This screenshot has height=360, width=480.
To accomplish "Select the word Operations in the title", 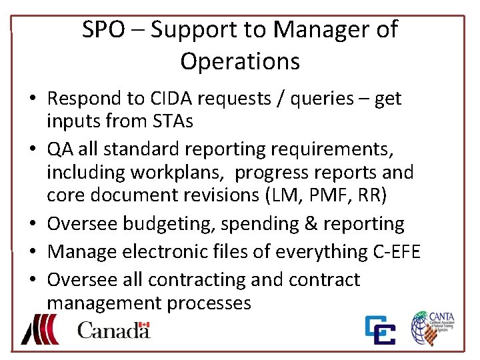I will pos(240,61).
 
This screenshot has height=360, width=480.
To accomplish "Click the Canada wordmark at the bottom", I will pos(113,330).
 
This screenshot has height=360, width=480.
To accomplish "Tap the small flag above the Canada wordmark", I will pos(143,326).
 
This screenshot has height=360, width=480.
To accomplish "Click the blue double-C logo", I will pos(379,331).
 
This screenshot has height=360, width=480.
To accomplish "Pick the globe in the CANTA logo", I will pos(423,329).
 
